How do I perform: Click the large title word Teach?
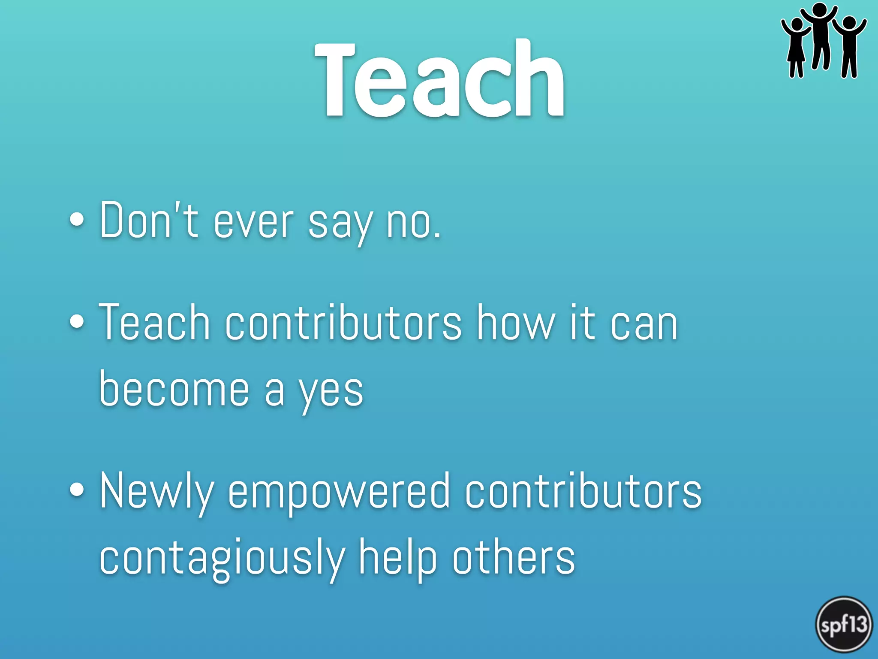tap(439, 79)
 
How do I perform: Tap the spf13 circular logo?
tap(844, 625)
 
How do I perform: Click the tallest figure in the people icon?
tap(820, 36)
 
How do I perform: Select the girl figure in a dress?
tap(796, 47)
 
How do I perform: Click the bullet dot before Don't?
tap(77, 220)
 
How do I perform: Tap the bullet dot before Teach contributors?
tap(77, 322)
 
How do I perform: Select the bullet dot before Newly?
tap(77, 490)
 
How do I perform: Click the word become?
tap(174, 388)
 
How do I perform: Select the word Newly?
tap(157, 491)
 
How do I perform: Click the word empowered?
tap(339, 491)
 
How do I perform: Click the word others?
tap(513, 558)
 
